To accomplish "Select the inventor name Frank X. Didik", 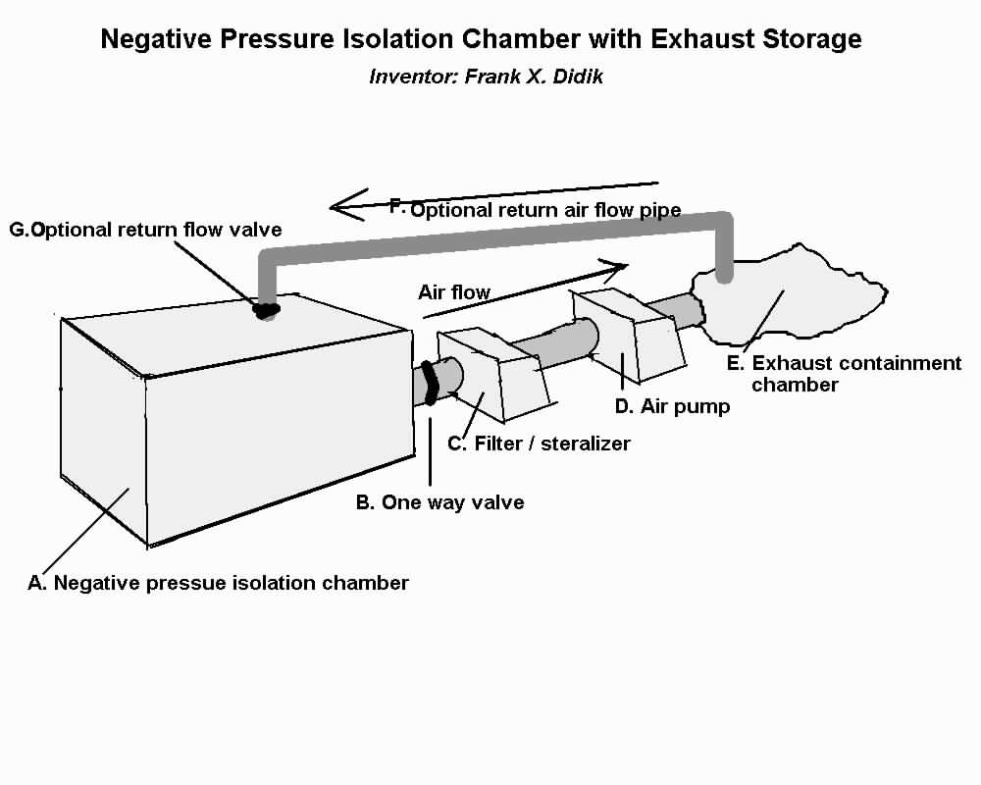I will click(x=537, y=76).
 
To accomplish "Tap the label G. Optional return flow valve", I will click(x=145, y=230).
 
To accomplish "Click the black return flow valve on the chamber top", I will click(x=265, y=310).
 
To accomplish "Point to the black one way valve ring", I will click(x=430, y=383).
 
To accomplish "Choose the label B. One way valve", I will click(x=439, y=502).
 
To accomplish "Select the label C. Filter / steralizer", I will click(x=539, y=444).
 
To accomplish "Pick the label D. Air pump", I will click(x=671, y=406).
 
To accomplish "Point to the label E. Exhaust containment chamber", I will click(x=843, y=374).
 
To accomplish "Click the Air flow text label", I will click(x=454, y=291).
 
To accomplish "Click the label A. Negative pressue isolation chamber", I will click(x=218, y=583).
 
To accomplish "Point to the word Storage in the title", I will click(x=810, y=39).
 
